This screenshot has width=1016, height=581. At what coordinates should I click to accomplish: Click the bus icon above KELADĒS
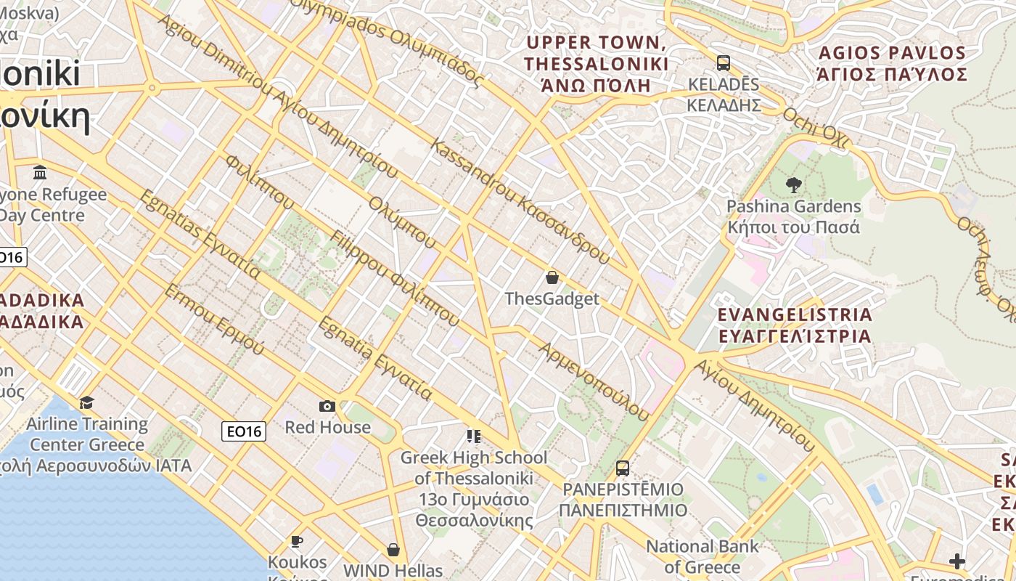click(723, 62)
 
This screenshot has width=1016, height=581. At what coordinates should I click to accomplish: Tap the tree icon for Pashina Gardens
click(794, 185)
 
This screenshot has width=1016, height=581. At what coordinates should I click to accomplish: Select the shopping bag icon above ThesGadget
click(552, 277)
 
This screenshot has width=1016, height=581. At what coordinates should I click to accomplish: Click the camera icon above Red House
click(327, 406)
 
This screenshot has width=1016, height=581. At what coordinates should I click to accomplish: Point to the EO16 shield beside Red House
click(244, 431)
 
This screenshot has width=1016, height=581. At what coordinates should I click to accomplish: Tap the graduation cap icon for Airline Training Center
click(87, 402)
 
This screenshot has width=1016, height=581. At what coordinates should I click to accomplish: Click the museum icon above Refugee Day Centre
click(40, 173)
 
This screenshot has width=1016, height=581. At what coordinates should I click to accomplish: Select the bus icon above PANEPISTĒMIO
click(622, 468)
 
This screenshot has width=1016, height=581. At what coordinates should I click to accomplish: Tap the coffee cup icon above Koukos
click(297, 541)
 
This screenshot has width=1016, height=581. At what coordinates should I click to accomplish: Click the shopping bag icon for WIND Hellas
click(393, 550)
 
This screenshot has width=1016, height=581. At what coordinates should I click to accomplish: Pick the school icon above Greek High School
click(474, 436)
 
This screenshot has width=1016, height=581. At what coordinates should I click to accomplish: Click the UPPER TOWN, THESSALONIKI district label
click(596, 64)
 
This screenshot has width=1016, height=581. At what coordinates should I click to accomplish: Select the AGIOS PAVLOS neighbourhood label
click(892, 64)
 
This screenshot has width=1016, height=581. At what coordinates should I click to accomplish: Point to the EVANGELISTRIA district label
click(795, 325)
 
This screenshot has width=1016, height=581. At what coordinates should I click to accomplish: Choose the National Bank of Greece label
click(702, 556)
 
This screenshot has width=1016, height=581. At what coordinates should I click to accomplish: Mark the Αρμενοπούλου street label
click(594, 381)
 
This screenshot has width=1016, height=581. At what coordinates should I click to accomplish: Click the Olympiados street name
click(385, 40)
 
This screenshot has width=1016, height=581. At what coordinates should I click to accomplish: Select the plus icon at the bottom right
click(957, 561)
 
